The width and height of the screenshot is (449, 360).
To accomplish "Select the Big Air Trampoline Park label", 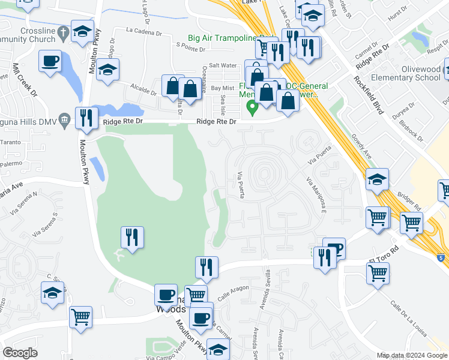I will tap(232, 38).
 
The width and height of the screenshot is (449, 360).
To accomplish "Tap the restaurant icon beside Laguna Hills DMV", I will tap(86, 118).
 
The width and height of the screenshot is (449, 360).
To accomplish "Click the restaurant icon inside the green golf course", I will tap(131, 236).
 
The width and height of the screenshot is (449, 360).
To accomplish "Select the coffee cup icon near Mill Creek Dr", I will tap(50, 60).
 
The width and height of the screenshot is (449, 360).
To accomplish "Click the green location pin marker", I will tap(253, 109).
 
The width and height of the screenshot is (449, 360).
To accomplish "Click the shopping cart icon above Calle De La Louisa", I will tap(378, 274).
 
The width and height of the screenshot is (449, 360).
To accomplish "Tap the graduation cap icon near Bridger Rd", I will tap(377, 179).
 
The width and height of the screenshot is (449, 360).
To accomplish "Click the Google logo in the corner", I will tap(20, 353).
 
